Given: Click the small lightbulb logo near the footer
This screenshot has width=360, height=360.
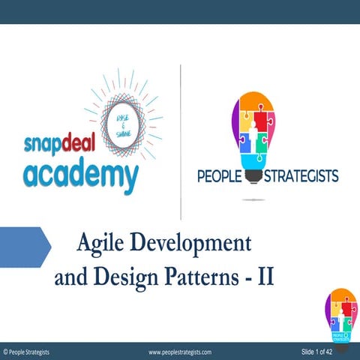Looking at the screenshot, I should pyautogui.click(x=340, y=313).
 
